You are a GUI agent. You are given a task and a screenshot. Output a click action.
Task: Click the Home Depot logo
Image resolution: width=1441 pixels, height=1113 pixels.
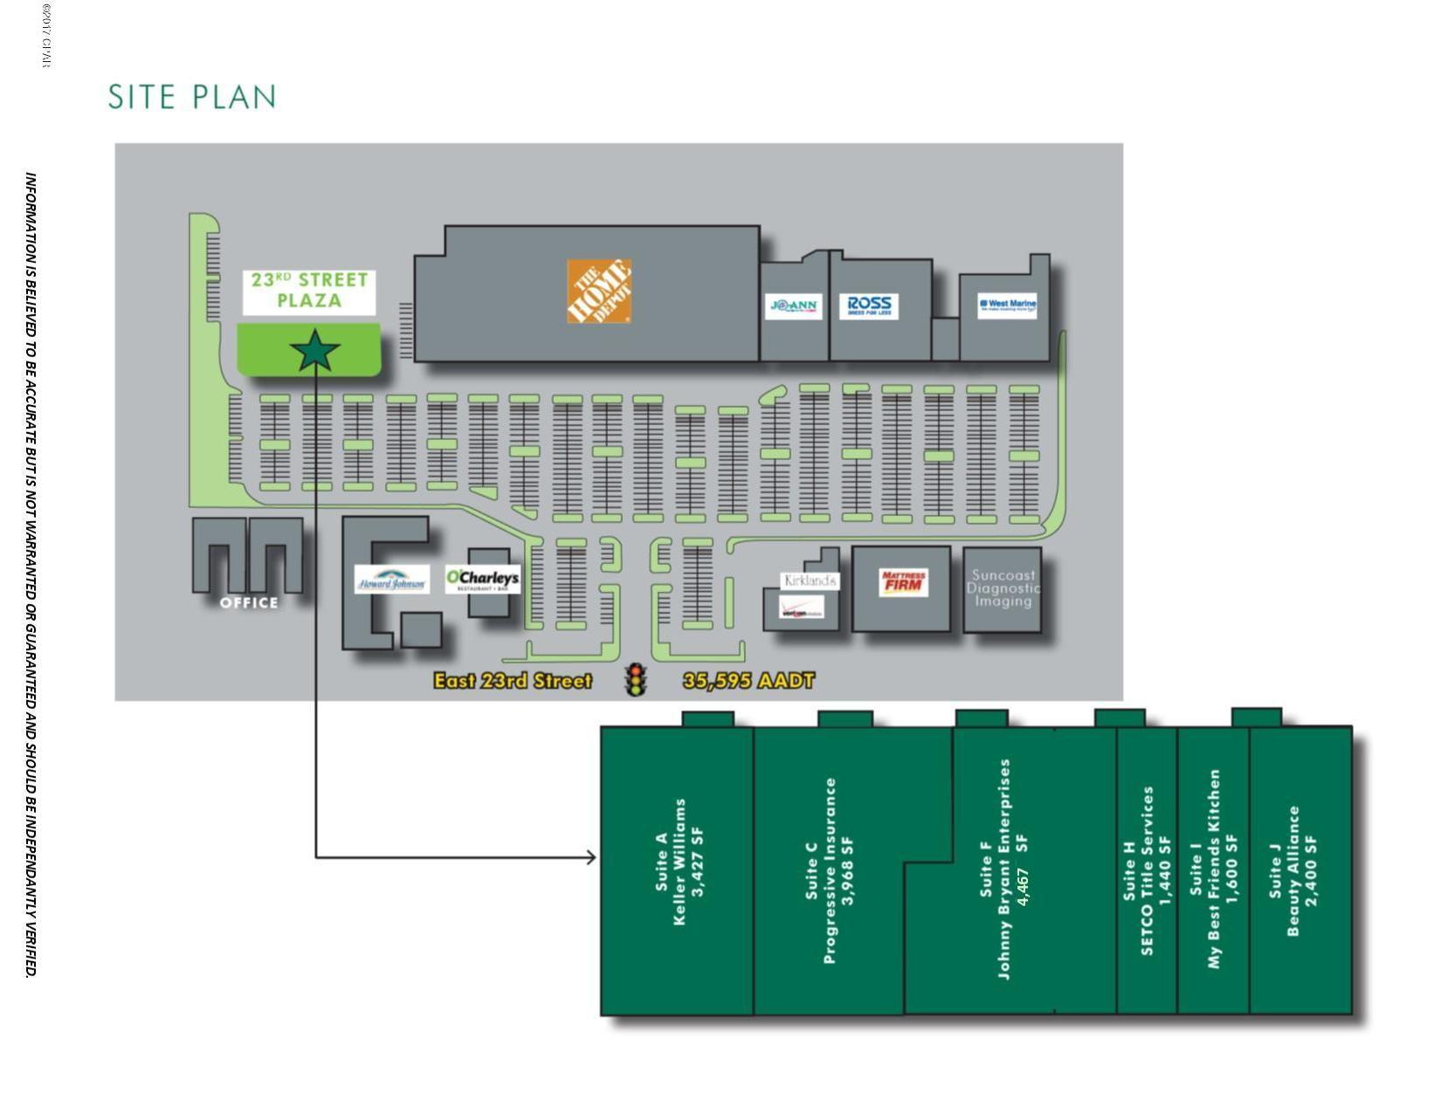coord(598,291)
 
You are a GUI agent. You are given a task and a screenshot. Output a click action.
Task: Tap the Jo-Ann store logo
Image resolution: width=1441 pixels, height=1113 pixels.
coord(794,306)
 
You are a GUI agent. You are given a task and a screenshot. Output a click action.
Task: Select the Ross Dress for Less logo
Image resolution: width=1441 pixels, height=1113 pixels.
coord(869,306)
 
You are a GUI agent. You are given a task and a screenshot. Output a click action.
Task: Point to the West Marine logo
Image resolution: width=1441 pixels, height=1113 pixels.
coord(1007,305)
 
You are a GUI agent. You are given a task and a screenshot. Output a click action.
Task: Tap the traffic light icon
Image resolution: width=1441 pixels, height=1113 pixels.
coord(637,680)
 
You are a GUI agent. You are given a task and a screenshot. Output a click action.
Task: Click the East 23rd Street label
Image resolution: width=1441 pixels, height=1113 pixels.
coord(513,681)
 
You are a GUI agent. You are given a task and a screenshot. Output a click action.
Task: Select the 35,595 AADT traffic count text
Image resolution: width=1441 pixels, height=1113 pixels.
coord(748,681)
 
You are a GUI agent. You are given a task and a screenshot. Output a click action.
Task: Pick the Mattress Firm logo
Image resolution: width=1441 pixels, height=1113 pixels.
coord(903,582)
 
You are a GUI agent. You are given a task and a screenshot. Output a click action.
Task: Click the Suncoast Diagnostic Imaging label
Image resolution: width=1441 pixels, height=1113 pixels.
coord(1003,587)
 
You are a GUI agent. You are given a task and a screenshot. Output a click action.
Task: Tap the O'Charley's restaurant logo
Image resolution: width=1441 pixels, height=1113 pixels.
coord(482,579)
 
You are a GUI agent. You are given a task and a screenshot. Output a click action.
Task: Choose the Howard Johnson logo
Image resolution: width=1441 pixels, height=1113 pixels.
coord(392,580)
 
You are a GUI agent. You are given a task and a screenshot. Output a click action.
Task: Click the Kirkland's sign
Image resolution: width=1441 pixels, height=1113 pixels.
coord(810,581)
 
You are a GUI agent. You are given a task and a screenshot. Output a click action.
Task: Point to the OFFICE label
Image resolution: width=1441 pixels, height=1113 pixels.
coord(249,602)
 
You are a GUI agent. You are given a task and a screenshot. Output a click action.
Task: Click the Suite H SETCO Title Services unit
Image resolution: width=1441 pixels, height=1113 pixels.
coord(1147,869)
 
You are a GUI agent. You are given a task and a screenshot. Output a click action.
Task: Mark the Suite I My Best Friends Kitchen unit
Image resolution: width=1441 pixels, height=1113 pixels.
coord(1213,869)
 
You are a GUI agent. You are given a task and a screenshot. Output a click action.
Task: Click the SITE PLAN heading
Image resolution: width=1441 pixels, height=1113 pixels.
coord(192,97)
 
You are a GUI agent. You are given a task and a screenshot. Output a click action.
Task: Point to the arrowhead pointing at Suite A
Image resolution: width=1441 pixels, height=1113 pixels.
coord(591,857)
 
